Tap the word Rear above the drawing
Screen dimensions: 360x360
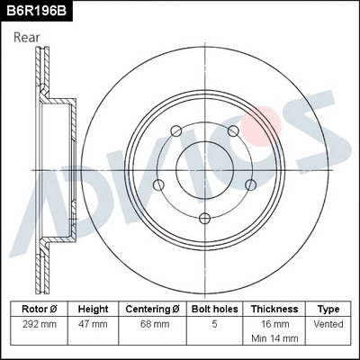(26, 37)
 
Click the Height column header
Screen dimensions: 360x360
(93, 308)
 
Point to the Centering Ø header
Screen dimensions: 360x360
(153, 308)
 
